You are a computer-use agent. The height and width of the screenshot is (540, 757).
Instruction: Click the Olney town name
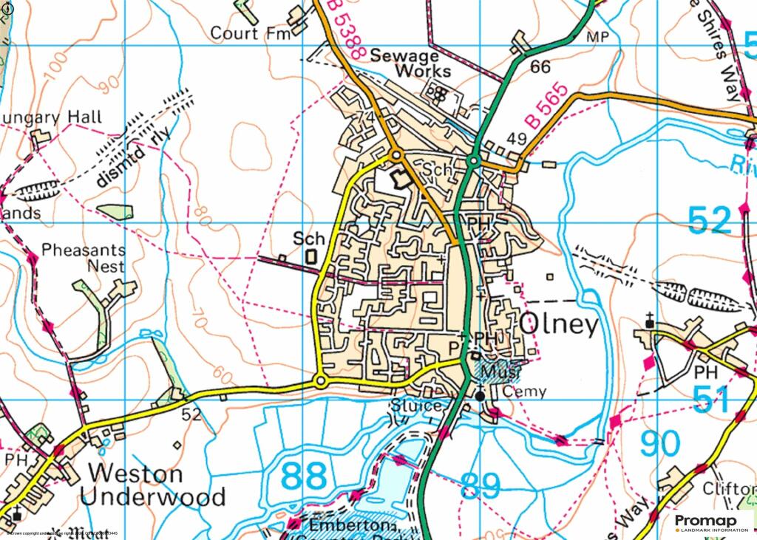pyautogui.click(x=560, y=324)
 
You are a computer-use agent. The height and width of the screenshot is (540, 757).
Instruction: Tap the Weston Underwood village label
pyautogui.click(x=152, y=485)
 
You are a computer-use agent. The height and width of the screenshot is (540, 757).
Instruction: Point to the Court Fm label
pyautogui.click(x=245, y=33)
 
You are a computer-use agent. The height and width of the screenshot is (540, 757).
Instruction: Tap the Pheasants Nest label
pyautogui.click(x=83, y=258)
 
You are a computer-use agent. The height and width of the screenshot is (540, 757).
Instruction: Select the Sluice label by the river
pyautogui.click(x=417, y=406)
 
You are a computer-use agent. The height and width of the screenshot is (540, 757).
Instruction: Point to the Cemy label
pyautogui.click(x=524, y=392)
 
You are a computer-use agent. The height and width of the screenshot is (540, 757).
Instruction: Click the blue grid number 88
pyautogui.click(x=304, y=476)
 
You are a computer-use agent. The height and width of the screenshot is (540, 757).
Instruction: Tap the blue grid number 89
pyautogui.click(x=481, y=486)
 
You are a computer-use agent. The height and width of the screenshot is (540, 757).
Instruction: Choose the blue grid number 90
pyautogui.click(x=659, y=444)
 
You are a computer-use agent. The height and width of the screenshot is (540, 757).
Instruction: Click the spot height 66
pyautogui.click(x=540, y=67)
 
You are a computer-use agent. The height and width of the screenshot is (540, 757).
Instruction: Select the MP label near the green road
pyautogui.click(x=596, y=37)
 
